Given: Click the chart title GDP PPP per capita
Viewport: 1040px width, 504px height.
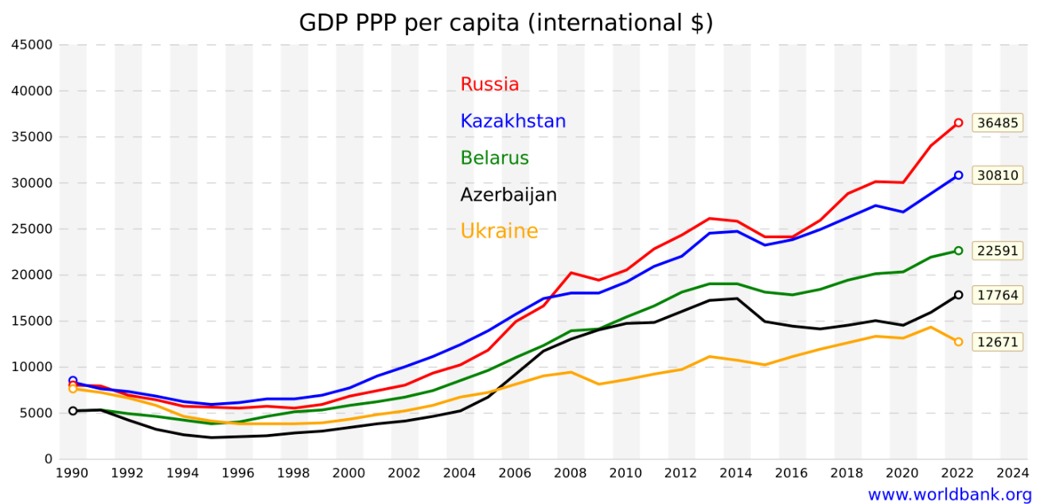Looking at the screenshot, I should [505, 23].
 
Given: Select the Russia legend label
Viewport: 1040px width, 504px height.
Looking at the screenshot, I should [489, 84].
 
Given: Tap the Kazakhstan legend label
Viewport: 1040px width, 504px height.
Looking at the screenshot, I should [512, 121].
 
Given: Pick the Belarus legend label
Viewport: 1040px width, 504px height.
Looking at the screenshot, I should [494, 158].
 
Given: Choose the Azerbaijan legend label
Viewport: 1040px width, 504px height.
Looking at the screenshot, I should [508, 194].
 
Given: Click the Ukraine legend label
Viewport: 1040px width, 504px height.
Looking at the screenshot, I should [499, 231].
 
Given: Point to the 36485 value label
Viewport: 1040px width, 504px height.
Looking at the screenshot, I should [997, 123].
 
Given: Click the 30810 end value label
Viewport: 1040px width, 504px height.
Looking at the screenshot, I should [997, 175].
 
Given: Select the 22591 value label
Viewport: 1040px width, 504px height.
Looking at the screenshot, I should [997, 251].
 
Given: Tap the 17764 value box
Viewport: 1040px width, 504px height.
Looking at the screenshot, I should [997, 295].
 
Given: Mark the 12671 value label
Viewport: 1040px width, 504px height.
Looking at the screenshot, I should [997, 342].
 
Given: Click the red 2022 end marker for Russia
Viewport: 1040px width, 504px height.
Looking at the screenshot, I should [958, 123].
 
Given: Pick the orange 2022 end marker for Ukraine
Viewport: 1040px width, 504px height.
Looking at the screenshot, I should [958, 342].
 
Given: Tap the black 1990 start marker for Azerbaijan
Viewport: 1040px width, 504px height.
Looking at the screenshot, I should [72, 411].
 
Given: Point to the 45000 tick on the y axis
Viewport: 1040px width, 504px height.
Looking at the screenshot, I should [33, 45].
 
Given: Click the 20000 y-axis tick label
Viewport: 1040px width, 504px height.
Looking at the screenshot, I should [33, 275].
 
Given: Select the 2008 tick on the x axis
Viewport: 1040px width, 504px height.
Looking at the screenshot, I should [570, 473].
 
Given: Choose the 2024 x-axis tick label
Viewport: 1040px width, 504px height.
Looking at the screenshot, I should [1013, 473].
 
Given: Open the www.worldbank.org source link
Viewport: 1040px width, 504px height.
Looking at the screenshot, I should [949, 494].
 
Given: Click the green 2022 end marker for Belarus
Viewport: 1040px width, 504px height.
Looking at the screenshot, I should [958, 251].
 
